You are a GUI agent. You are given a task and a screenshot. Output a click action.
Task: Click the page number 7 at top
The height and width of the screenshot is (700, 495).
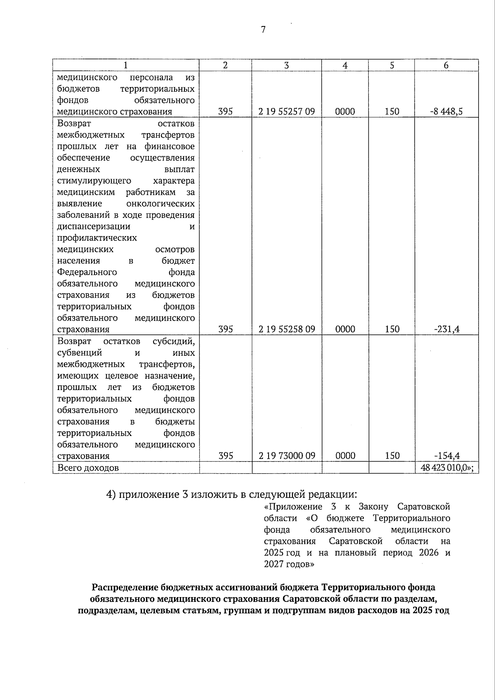tap(263, 29)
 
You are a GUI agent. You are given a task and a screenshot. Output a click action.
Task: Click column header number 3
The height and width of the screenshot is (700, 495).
tap(286, 65)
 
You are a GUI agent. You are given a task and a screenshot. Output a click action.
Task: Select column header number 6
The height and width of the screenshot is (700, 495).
tap(446, 65)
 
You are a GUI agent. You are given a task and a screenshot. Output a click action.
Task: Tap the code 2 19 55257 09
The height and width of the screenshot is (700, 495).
tap(287, 111)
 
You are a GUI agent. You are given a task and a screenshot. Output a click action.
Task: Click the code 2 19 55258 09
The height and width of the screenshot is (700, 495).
tap(287, 329)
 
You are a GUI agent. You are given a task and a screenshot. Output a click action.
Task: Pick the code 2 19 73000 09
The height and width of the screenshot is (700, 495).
tap(287, 456)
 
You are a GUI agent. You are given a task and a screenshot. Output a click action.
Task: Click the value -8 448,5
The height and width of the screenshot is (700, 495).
tap(448, 111)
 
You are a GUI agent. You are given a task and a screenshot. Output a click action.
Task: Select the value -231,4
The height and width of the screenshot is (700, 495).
tap(448, 329)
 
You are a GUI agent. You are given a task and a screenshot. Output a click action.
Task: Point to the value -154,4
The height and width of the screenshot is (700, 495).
tap(448, 456)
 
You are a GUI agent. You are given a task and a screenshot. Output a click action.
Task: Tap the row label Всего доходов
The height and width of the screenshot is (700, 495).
tap(88, 468)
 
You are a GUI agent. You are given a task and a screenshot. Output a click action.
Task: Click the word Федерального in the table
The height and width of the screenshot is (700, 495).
tap(87, 272)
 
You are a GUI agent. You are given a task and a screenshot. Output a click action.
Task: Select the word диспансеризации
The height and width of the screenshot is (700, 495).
tap(94, 226)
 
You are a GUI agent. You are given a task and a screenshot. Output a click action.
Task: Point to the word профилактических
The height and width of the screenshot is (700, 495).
tap(97, 238)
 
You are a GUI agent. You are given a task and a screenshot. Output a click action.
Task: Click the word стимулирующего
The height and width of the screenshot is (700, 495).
tap(94, 180)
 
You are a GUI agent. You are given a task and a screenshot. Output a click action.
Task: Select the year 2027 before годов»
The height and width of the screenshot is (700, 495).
tap(274, 564)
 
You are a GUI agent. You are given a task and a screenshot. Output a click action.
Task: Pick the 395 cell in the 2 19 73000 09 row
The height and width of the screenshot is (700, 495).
tap(226, 456)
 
